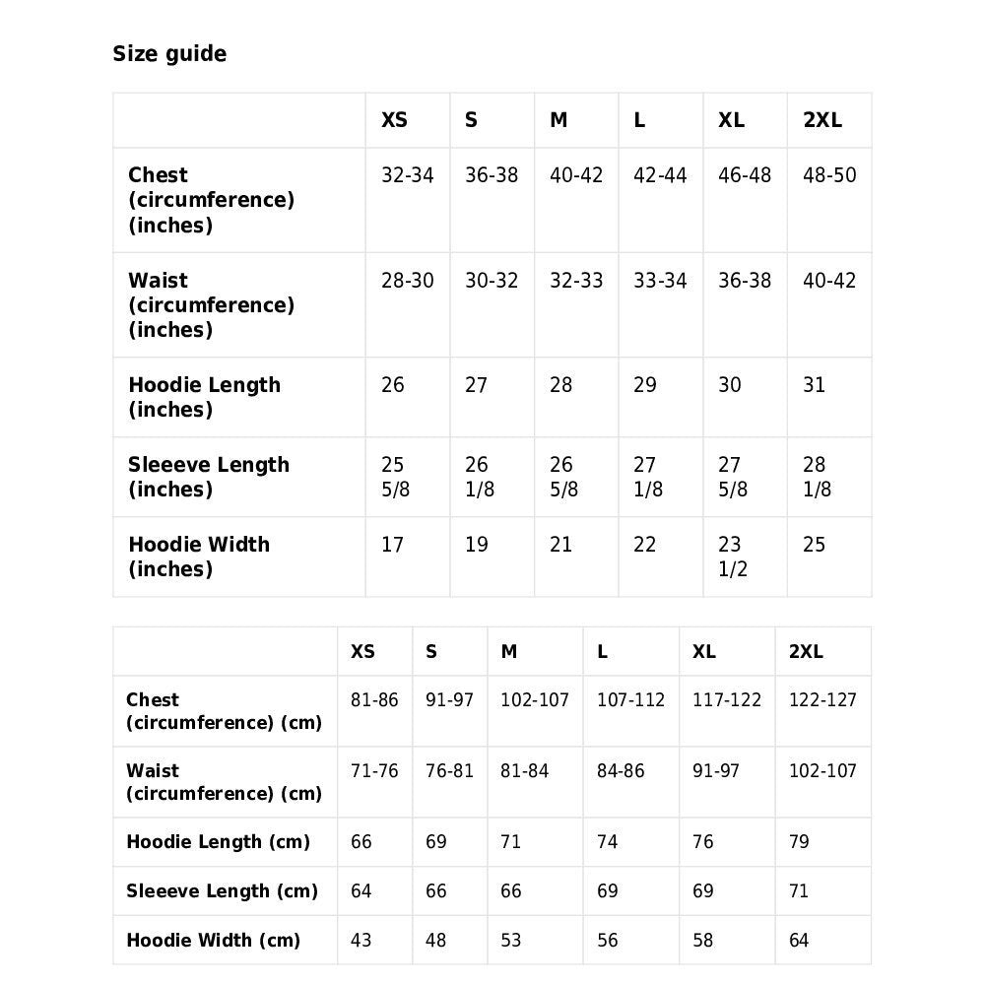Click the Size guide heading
pyautogui.click(x=169, y=54)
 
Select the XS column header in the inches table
pyautogui.click(x=394, y=121)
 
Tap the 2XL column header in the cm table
pyautogui.click(x=806, y=652)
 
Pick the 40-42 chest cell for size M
pyautogui.click(x=576, y=176)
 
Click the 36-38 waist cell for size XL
pyautogui.click(x=745, y=281)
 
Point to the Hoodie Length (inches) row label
pyautogui.click(x=204, y=397)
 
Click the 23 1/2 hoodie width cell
pyautogui.click(x=732, y=557)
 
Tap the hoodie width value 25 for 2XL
pyautogui.click(x=814, y=545)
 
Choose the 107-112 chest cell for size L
pyautogui.click(x=630, y=700)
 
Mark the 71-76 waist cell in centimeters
pyautogui.click(x=374, y=771)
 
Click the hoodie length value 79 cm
pyautogui.click(x=799, y=842)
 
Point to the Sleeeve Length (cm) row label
pyautogui.click(x=222, y=891)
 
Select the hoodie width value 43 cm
pyautogui.click(x=361, y=941)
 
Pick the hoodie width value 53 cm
pyautogui.click(x=511, y=941)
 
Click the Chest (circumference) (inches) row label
pyautogui.click(x=211, y=200)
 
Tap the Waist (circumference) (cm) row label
pyautogui.click(x=224, y=782)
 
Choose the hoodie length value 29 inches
pyautogui.click(x=645, y=385)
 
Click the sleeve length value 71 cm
pyautogui.click(x=799, y=891)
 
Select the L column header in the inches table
pyautogui.click(x=639, y=121)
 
